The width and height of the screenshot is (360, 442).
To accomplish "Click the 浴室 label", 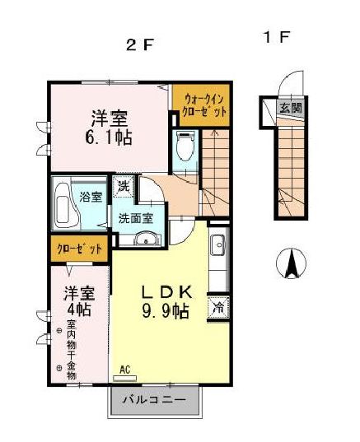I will [91, 197].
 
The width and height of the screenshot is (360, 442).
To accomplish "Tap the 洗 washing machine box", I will [123, 187].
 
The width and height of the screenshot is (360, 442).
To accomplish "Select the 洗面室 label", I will [135, 219].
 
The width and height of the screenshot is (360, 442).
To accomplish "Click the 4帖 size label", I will [79, 311].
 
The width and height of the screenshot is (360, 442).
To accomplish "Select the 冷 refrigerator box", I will [219, 307].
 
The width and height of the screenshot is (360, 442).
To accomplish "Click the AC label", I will [125, 370].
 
